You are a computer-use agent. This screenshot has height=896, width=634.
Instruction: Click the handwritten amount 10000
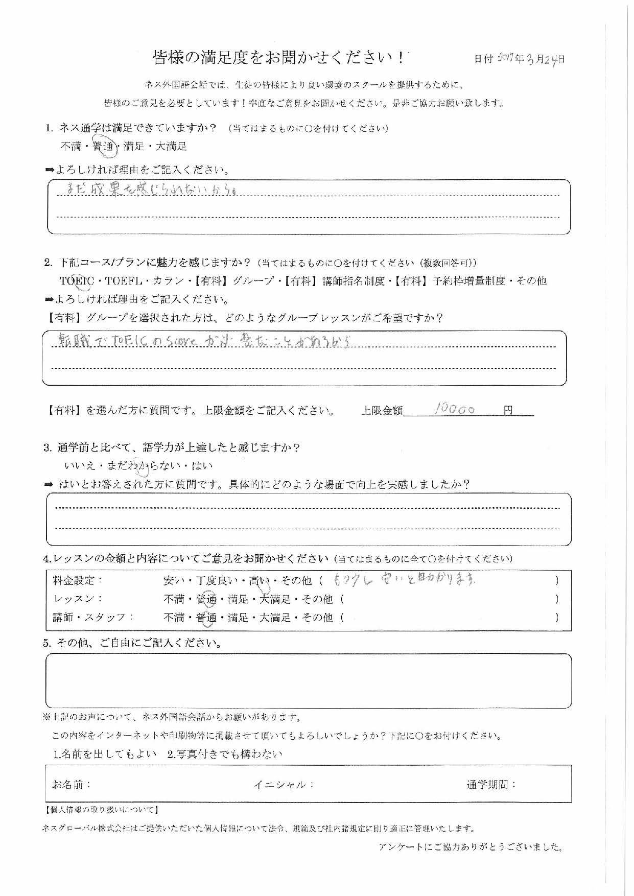(x=455, y=409)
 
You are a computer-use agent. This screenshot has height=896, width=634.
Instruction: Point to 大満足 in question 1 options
(x=171, y=147)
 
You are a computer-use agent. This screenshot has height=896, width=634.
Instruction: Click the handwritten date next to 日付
(x=531, y=59)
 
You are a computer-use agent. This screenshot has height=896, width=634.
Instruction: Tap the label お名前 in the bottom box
(x=71, y=784)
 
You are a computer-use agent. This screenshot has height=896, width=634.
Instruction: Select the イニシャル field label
(x=283, y=784)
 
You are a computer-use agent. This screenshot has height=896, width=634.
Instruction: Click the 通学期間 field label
(x=491, y=784)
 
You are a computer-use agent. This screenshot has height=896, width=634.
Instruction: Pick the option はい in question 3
(x=204, y=466)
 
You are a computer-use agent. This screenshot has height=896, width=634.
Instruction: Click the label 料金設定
(x=77, y=580)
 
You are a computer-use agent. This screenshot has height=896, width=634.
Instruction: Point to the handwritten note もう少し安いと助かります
(x=404, y=579)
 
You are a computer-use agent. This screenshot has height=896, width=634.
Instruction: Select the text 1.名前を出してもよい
(x=105, y=754)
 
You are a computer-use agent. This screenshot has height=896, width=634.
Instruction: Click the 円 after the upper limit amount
(x=508, y=410)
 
